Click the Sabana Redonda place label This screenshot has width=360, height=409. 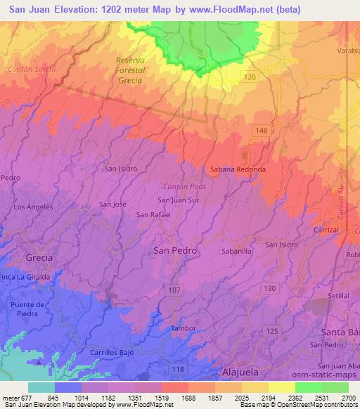[238, 169]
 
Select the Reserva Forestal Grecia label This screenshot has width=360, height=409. [129, 70]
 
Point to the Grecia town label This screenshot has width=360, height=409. [39, 258]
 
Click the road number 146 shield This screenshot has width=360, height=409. [262, 131]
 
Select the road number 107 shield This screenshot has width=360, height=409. [174, 290]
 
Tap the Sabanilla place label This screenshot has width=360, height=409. [236, 250]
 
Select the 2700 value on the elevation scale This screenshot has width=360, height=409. [347, 398]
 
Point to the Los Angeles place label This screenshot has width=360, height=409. [34, 207]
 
